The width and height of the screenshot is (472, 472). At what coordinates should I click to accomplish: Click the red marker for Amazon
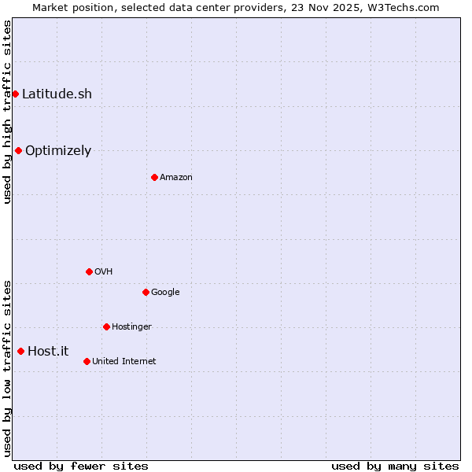154,177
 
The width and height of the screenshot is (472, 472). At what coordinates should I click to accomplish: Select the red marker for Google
146,292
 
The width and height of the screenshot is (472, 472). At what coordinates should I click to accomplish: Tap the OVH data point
89,271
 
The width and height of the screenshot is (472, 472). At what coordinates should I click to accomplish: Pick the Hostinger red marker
106,326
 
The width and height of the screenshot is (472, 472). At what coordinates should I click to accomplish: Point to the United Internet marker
87,361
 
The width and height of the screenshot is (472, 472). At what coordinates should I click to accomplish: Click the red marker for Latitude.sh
15,94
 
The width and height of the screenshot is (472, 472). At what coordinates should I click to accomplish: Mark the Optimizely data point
18,150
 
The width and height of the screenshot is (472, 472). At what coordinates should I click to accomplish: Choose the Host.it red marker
20,351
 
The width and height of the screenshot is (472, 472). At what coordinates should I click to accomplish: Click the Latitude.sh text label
57,94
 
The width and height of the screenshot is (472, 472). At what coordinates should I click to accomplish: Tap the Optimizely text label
58,151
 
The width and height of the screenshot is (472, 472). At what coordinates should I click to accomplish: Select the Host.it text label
48,351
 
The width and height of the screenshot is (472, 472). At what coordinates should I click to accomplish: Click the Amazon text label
175,178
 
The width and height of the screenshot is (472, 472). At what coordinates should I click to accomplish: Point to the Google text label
165,293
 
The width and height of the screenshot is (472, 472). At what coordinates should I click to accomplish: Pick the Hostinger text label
131,327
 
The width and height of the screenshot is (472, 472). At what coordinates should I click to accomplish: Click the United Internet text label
124,362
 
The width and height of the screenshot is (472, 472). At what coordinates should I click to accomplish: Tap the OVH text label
103,272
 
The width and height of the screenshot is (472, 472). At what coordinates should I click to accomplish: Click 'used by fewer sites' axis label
81,466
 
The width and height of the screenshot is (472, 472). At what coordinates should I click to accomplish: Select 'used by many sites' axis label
395,466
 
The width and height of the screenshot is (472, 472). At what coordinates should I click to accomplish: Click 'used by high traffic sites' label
7,112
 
